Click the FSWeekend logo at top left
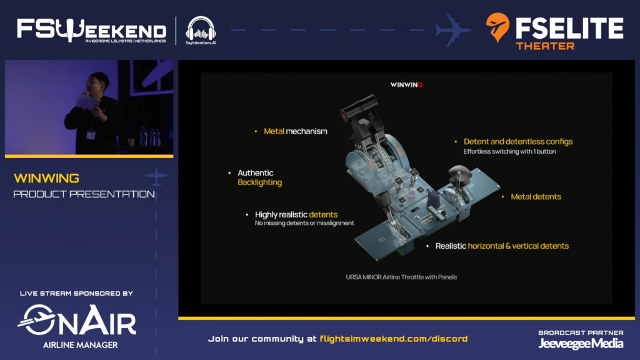tap(91, 29)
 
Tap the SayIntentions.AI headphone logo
tap(201, 27)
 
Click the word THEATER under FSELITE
tap(544, 46)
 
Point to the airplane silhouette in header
tap(453, 29)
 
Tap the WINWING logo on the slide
tap(406, 84)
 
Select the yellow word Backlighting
tap(259, 182)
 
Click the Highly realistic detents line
tap(296, 214)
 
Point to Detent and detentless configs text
tap(518, 141)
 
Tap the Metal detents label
tap(536, 196)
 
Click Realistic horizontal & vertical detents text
tap(502, 246)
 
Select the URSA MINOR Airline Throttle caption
tap(401, 276)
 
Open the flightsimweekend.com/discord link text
tap(393, 339)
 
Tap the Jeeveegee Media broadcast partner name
tap(581, 343)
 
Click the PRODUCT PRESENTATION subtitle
tap(84, 194)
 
